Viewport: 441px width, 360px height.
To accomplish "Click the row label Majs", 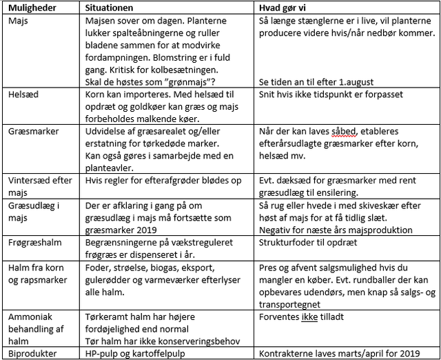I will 18,20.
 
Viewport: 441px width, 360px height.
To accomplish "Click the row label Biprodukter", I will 32,353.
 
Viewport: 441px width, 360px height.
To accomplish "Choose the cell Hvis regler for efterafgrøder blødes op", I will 158,179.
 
